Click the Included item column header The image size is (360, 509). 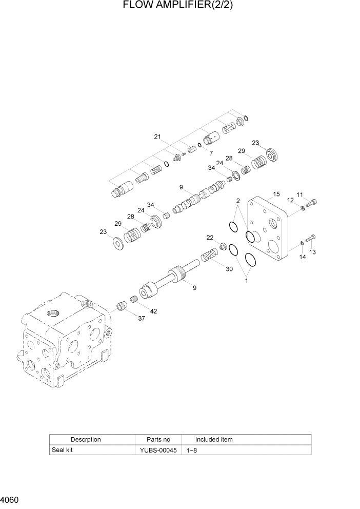[213, 440]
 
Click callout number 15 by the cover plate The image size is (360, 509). [276, 194]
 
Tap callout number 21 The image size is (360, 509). [157, 136]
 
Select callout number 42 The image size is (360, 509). [153, 311]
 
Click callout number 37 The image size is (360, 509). [141, 318]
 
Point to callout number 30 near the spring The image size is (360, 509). [229, 269]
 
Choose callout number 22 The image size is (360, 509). [210, 237]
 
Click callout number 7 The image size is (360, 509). [211, 153]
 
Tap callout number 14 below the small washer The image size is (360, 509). [303, 257]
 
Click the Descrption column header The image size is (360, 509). [86, 440]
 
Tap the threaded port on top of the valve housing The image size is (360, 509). [54, 312]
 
